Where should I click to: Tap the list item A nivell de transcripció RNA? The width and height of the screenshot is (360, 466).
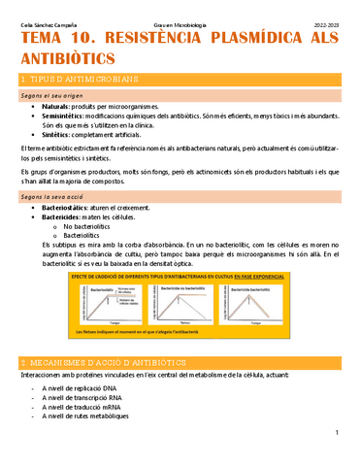click(x=94, y=399)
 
